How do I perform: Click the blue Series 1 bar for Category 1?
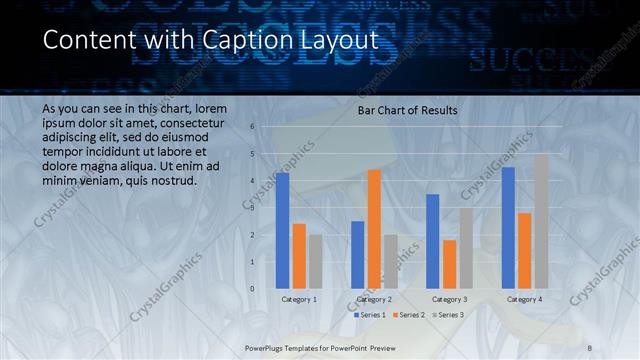click(283, 230)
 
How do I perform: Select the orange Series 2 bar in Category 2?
click(374, 229)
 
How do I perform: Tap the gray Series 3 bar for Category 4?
click(541, 221)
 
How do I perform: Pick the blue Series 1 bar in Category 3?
click(433, 241)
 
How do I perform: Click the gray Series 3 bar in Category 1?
click(316, 261)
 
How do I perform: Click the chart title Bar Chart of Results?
click(408, 110)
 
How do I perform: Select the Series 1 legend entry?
click(371, 315)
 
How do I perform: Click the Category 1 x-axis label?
click(299, 299)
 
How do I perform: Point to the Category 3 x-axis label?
click(449, 299)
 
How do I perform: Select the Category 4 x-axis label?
click(524, 299)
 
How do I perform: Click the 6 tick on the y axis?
click(252, 127)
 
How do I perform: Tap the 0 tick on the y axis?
click(252, 289)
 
